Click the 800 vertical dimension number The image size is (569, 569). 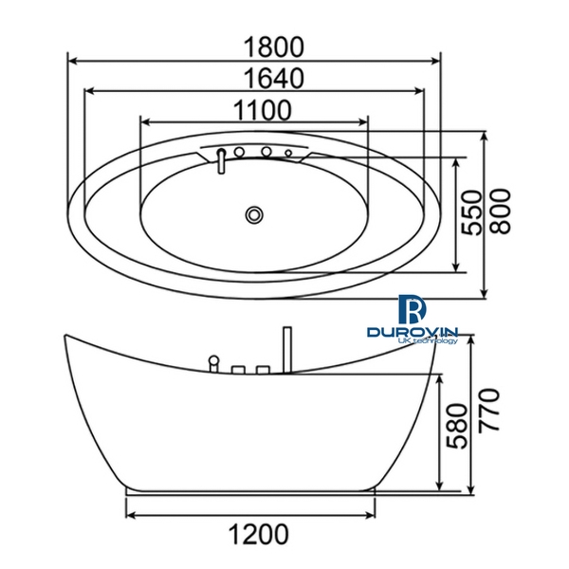pyautogui.click(x=503, y=214)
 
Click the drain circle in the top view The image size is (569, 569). pyautogui.click(x=253, y=214)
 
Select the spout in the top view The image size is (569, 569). pyautogui.click(x=219, y=161)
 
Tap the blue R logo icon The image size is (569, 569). pyautogui.click(x=412, y=307)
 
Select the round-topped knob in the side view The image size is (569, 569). pyautogui.click(x=214, y=360)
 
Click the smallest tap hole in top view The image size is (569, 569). pyautogui.click(x=288, y=153)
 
